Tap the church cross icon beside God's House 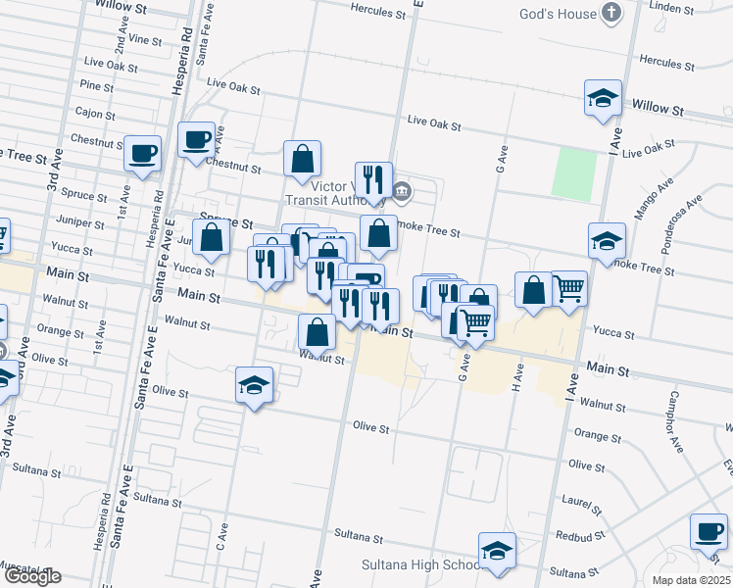612,14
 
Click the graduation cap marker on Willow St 603,98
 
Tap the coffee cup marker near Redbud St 709,532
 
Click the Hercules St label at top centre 377,14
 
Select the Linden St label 671,8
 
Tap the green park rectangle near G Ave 573,173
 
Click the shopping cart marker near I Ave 568,288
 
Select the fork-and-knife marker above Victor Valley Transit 373,179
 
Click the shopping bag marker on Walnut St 317,332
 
